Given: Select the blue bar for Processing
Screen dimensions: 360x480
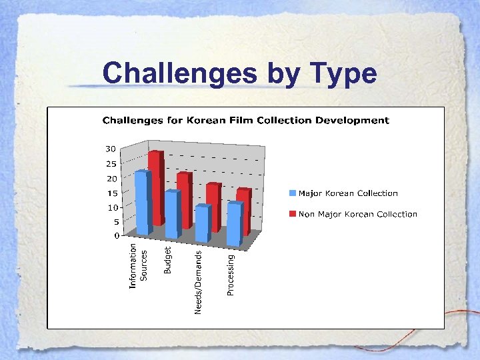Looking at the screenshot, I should click(x=233, y=223).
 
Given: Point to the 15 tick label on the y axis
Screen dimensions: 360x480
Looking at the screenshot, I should click(x=111, y=193).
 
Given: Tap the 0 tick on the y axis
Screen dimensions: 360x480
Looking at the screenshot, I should click(x=115, y=235).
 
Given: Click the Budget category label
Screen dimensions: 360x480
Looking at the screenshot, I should click(x=168, y=260).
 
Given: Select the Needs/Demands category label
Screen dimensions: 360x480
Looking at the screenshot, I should click(x=198, y=281).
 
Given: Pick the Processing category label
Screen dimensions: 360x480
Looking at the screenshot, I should click(x=231, y=274).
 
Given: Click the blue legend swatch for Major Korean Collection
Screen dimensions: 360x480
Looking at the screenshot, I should click(x=292, y=193).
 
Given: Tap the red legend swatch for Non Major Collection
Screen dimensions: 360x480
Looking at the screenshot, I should click(x=292, y=214).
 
